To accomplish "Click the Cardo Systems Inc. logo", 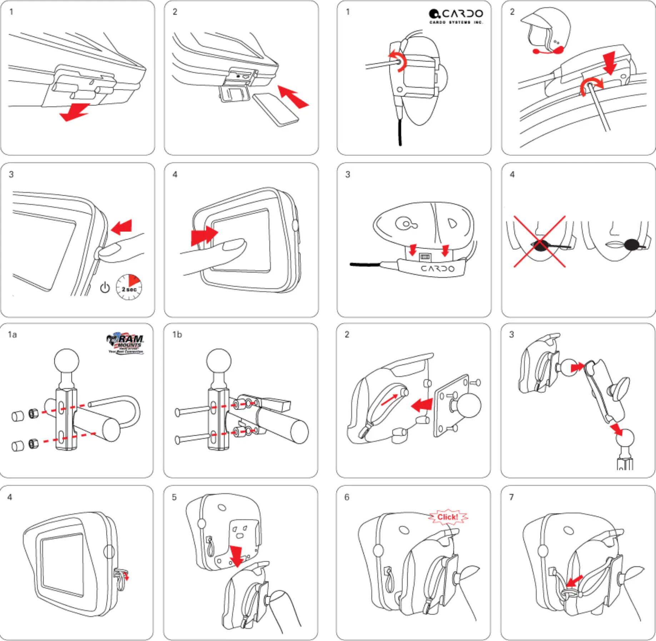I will click(x=456, y=16).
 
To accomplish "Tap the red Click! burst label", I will click(x=448, y=517).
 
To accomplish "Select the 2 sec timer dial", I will click(x=129, y=287).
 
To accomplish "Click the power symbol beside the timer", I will click(x=105, y=287).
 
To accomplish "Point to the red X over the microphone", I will click(x=540, y=241).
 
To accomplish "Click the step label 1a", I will click(x=12, y=334).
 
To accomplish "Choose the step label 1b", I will click(x=177, y=334).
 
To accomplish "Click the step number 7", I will click(x=511, y=497).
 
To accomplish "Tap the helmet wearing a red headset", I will click(x=547, y=30).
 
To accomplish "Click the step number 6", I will click(x=347, y=497).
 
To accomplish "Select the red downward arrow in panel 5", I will click(x=236, y=556).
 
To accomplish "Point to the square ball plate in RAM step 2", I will click(x=452, y=406).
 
